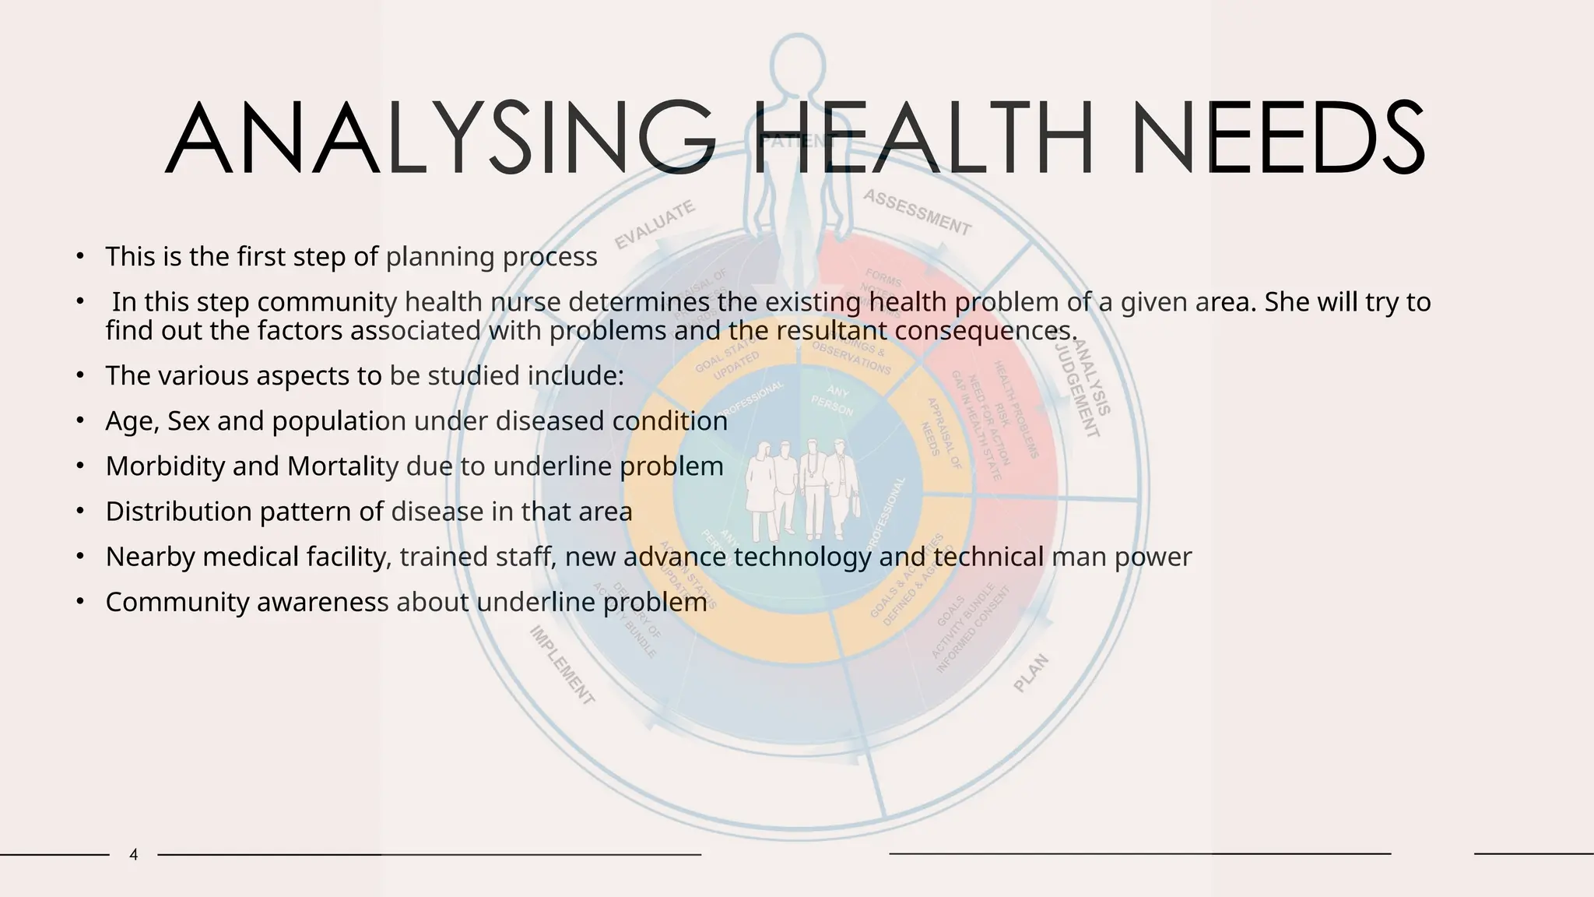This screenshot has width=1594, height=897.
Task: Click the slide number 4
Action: pyautogui.click(x=134, y=855)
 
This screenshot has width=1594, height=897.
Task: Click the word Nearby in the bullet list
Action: pyautogui.click(x=149, y=557)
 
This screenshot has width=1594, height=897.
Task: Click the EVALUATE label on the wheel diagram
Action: pyautogui.click(x=655, y=225)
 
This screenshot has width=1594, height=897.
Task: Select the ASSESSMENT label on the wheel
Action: pyautogui.click(x=918, y=212)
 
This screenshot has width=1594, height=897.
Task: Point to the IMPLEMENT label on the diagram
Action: pyautogui.click(x=563, y=666)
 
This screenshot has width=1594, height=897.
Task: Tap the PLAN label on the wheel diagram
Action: pyautogui.click(x=1031, y=674)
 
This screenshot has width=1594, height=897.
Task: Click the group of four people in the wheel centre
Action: pyautogui.click(x=802, y=491)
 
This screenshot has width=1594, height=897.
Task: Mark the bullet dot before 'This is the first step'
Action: pyautogui.click(x=79, y=256)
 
